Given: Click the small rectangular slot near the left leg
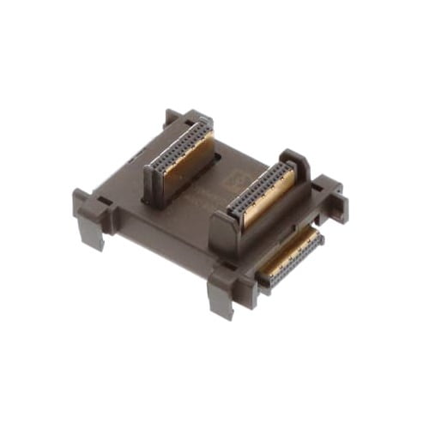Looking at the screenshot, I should click(x=104, y=203).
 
